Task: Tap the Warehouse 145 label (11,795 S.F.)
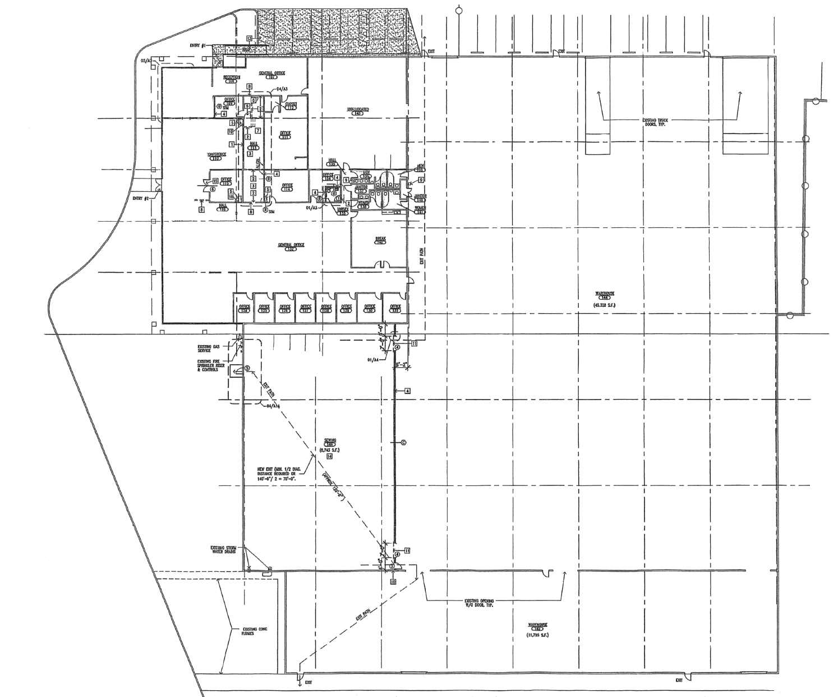tap(537, 629)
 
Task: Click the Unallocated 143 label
tap(357, 111)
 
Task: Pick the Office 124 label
tap(244, 309)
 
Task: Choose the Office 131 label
tap(395, 309)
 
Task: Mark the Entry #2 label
tap(140, 198)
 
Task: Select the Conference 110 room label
tap(217, 156)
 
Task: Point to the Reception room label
tap(232, 79)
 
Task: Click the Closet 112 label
tap(291, 106)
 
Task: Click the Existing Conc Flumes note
tap(255, 631)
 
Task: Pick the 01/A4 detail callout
tap(374, 359)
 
